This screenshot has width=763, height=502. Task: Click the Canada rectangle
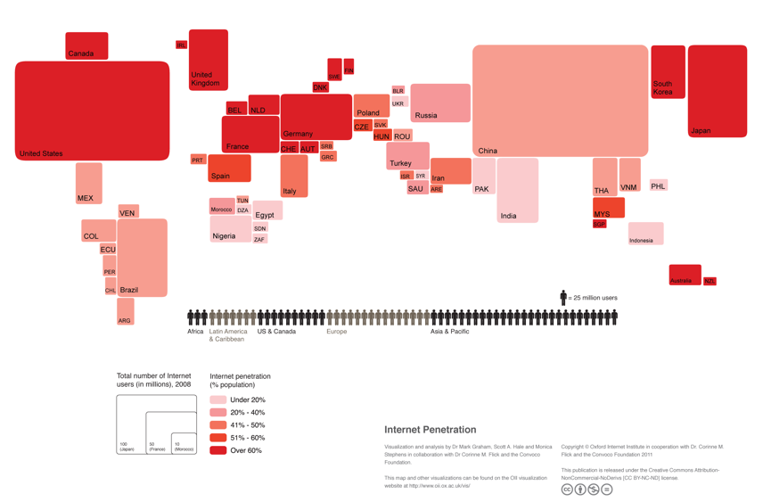(x=86, y=45)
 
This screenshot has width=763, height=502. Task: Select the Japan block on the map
(x=717, y=91)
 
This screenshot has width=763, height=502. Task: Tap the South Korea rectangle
(x=668, y=71)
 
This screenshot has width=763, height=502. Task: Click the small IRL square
(x=181, y=45)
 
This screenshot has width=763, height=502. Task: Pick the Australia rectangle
(x=685, y=275)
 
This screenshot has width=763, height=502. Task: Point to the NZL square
(x=710, y=281)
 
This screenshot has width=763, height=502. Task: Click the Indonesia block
(x=645, y=234)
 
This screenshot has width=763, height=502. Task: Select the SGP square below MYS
(x=599, y=225)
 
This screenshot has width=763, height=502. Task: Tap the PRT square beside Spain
(x=198, y=160)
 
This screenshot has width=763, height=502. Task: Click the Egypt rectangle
(x=267, y=210)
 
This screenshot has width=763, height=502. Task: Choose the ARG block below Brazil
(x=125, y=312)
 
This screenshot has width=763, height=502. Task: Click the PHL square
(x=658, y=185)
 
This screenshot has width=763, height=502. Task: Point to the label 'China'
(x=488, y=151)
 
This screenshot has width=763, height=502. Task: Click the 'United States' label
(x=41, y=153)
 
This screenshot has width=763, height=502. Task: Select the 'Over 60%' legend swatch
(x=217, y=450)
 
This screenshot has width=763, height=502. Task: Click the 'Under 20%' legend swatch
(x=217, y=399)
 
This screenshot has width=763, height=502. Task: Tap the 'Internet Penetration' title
(x=430, y=430)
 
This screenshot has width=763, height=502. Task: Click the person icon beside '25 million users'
(x=563, y=297)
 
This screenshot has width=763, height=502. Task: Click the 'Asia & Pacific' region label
(x=450, y=332)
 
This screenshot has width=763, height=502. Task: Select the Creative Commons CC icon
(x=567, y=490)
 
